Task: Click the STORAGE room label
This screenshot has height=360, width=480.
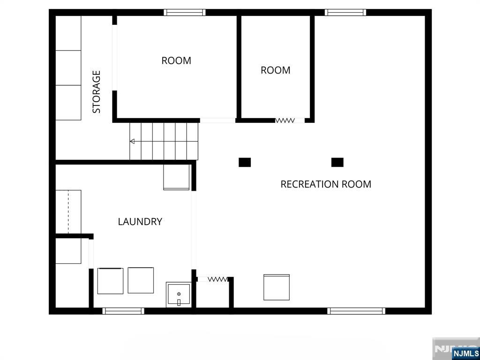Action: click(x=97, y=92)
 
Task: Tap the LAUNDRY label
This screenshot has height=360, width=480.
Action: click(x=140, y=221)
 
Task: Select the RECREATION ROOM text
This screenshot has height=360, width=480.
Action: click(x=326, y=184)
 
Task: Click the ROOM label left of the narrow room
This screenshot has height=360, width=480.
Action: click(x=176, y=60)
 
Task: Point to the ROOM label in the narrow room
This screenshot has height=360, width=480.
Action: click(x=276, y=70)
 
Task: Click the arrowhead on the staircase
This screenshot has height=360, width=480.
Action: click(x=132, y=141)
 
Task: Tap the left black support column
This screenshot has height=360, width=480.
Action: click(x=245, y=162)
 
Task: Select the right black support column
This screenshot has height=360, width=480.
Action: click(x=337, y=162)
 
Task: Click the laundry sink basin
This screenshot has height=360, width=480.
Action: click(x=179, y=294)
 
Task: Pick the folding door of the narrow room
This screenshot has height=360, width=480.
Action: click(x=285, y=120)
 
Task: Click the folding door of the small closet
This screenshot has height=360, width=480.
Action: click(x=217, y=279)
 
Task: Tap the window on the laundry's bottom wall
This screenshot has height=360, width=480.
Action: click(x=123, y=311)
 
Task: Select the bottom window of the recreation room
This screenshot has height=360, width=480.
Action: click(x=356, y=311)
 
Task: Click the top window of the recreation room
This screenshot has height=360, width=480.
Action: click(x=345, y=12)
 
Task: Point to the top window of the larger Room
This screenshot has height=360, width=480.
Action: click(x=185, y=12)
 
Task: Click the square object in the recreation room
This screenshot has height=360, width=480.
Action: click(x=277, y=287)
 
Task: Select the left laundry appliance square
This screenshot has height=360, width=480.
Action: click(x=110, y=281)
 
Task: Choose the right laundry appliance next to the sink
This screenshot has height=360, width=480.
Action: click(x=141, y=280)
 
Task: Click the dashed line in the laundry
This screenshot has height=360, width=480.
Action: click(x=68, y=212)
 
